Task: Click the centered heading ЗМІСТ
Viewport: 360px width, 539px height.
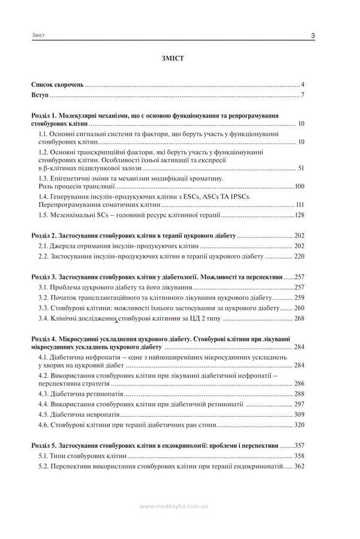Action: pos(173,59)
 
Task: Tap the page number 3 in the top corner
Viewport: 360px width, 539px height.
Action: pos(314,37)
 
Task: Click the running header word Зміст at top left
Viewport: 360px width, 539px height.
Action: pos(39,37)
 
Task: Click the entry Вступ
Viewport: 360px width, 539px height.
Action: pos(40,96)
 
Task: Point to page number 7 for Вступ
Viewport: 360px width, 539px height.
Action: pos(303,96)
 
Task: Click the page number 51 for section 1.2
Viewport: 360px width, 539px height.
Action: pos(301,168)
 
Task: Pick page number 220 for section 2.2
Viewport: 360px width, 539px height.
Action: pos(299,257)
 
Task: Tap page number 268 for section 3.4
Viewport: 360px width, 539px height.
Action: pos(299,318)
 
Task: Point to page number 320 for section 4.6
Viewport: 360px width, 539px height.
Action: pos(299,425)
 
